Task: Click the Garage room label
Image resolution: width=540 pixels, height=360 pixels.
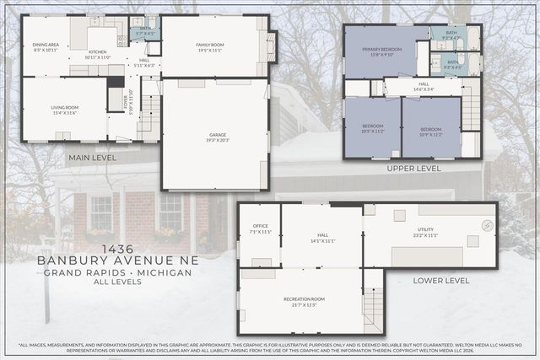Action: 218,137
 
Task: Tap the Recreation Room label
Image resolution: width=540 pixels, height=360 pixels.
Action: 299,302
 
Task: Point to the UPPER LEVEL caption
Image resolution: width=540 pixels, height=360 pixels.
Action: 413,169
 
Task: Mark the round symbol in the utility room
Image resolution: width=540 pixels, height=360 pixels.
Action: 488,225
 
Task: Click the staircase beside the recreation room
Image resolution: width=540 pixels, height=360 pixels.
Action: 372,309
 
